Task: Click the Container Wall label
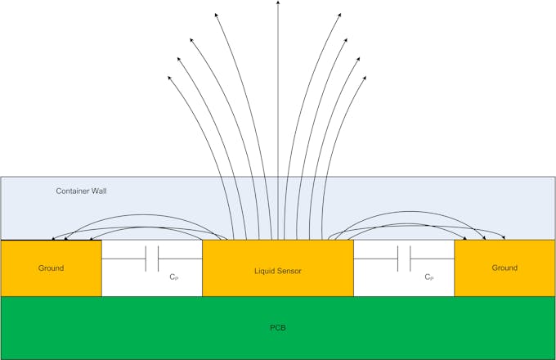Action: (x=81, y=191)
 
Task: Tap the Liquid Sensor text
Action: (x=277, y=271)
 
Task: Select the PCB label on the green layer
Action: (x=277, y=328)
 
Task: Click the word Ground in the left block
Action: (x=50, y=268)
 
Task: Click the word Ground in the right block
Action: (x=504, y=268)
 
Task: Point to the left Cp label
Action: (x=174, y=277)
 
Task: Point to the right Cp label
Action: (x=428, y=277)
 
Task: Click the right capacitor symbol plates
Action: (x=403, y=259)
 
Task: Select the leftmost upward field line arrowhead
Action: (x=170, y=78)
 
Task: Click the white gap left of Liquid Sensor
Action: (x=152, y=282)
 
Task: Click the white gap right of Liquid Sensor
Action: (x=403, y=282)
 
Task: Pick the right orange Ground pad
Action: (x=504, y=282)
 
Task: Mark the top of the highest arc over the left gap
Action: (x=139, y=215)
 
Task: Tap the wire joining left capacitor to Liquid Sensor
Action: (x=180, y=259)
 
